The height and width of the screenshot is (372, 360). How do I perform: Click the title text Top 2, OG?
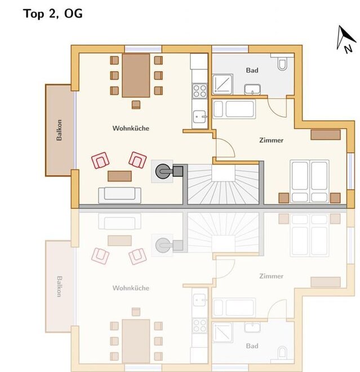coord(53,14)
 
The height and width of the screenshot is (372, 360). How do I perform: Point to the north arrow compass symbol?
coord(346,39)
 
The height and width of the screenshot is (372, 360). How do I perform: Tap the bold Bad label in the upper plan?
coord(252,70)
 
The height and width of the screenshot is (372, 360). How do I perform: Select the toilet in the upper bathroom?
coord(282,62)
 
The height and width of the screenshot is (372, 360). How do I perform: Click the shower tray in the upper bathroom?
coord(223,84)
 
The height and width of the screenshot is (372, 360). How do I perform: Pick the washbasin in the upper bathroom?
coord(252,89)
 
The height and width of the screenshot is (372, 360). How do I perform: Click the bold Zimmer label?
coord(271,140)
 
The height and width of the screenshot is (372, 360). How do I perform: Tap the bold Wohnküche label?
coord(131,129)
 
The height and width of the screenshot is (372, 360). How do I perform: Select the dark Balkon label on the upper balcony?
coord(59,130)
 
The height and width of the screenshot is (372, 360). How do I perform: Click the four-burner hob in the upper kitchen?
coord(199,91)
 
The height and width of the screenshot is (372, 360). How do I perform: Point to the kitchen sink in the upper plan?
coord(199,117)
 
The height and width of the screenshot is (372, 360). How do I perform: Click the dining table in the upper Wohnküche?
coord(136,76)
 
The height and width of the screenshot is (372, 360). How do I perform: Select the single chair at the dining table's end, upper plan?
coord(136,105)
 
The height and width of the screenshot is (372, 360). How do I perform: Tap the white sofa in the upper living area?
coord(120,195)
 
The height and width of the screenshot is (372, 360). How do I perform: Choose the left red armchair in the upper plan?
coord(100,161)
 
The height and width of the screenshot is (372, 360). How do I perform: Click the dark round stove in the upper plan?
coord(163,171)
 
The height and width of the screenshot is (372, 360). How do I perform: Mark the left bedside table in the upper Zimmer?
coord(283,198)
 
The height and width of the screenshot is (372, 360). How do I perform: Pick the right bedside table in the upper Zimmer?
coord(335,198)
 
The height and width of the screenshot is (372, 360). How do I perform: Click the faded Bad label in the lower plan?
coord(252,346)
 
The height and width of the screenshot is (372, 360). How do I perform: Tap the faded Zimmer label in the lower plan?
coord(271,276)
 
